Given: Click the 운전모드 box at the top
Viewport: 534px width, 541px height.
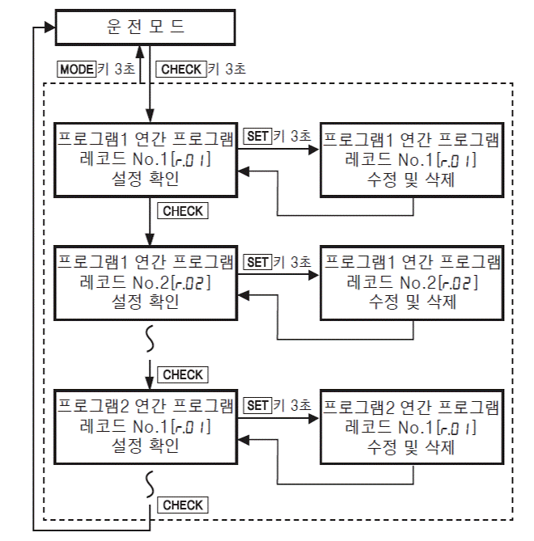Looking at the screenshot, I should tap(146, 27).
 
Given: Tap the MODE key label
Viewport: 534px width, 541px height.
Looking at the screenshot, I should tap(76, 70).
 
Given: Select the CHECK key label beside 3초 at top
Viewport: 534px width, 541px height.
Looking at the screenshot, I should tap(181, 70).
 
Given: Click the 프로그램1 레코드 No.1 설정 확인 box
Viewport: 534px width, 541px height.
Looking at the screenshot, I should tap(146, 158).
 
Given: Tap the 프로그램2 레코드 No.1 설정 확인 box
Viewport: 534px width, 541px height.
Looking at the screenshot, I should tap(146, 425).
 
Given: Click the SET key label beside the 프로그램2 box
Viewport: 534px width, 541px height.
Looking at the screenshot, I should tap(257, 404).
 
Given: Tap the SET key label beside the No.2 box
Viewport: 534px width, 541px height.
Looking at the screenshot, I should tap(257, 262).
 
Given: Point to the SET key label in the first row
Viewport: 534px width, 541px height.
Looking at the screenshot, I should tap(257, 137).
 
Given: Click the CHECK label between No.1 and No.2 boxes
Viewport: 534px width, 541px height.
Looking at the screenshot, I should tap(183, 211).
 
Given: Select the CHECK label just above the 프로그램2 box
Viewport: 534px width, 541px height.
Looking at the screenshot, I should tap(183, 374).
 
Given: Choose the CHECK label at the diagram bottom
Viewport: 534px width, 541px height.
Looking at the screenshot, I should tap(183, 505).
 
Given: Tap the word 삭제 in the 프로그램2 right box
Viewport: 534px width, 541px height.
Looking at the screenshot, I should tap(440, 446).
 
